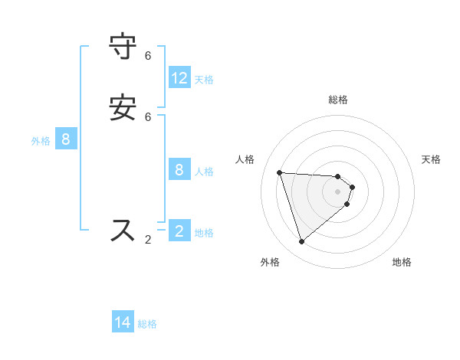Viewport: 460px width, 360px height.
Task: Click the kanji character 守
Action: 123,47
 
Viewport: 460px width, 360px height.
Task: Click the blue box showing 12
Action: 179,78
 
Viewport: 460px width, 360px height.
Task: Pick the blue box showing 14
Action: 123,322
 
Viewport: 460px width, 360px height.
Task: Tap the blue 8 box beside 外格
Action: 66,139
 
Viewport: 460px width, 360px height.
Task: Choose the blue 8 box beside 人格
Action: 179,170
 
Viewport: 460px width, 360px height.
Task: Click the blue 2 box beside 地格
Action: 179,231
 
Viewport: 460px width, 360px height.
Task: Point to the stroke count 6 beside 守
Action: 148,56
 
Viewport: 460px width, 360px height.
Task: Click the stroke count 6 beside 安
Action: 148,117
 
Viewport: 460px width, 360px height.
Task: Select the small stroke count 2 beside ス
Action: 148,240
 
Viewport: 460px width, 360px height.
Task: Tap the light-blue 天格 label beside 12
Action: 204,79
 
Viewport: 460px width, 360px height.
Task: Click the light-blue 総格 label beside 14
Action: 147,324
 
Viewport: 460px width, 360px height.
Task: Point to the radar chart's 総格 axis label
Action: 338,100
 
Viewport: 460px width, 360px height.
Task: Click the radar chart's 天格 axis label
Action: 431,159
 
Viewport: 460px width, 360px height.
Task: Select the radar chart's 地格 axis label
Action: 402,262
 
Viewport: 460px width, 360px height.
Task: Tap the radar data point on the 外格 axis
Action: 301,242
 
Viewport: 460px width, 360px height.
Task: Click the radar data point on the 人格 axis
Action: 280,172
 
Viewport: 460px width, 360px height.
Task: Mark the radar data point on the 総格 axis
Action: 338,176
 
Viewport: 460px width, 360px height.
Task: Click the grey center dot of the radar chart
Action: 338,201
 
